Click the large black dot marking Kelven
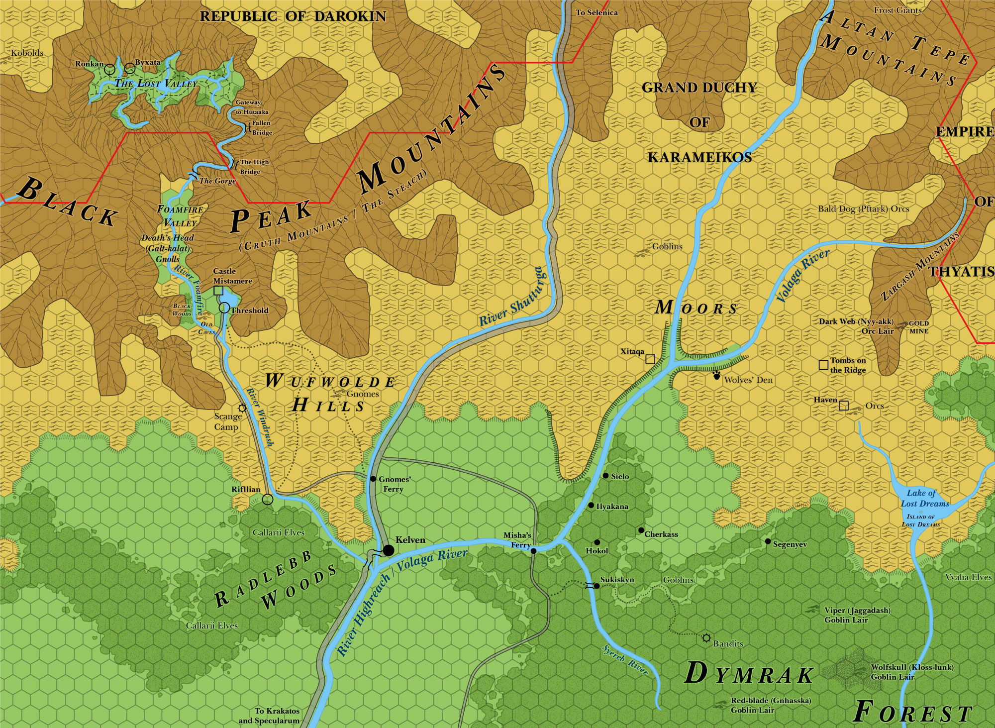[x=389, y=550]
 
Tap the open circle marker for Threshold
[x=224, y=308]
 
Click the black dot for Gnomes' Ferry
[x=373, y=479]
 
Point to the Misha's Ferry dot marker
[x=533, y=551]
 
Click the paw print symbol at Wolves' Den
[x=716, y=375]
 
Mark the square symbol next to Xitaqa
[x=650, y=359]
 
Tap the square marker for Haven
[x=843, y=406]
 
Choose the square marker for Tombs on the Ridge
[x=823, y=365]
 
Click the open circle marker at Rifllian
[x=268, y=499]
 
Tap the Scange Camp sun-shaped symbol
[x=242, y=408]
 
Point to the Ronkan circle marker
[x=110, y=69]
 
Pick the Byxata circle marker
[x=129, y=67]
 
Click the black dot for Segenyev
[x=768, y=541]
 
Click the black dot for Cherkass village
[x=641, y=530]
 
